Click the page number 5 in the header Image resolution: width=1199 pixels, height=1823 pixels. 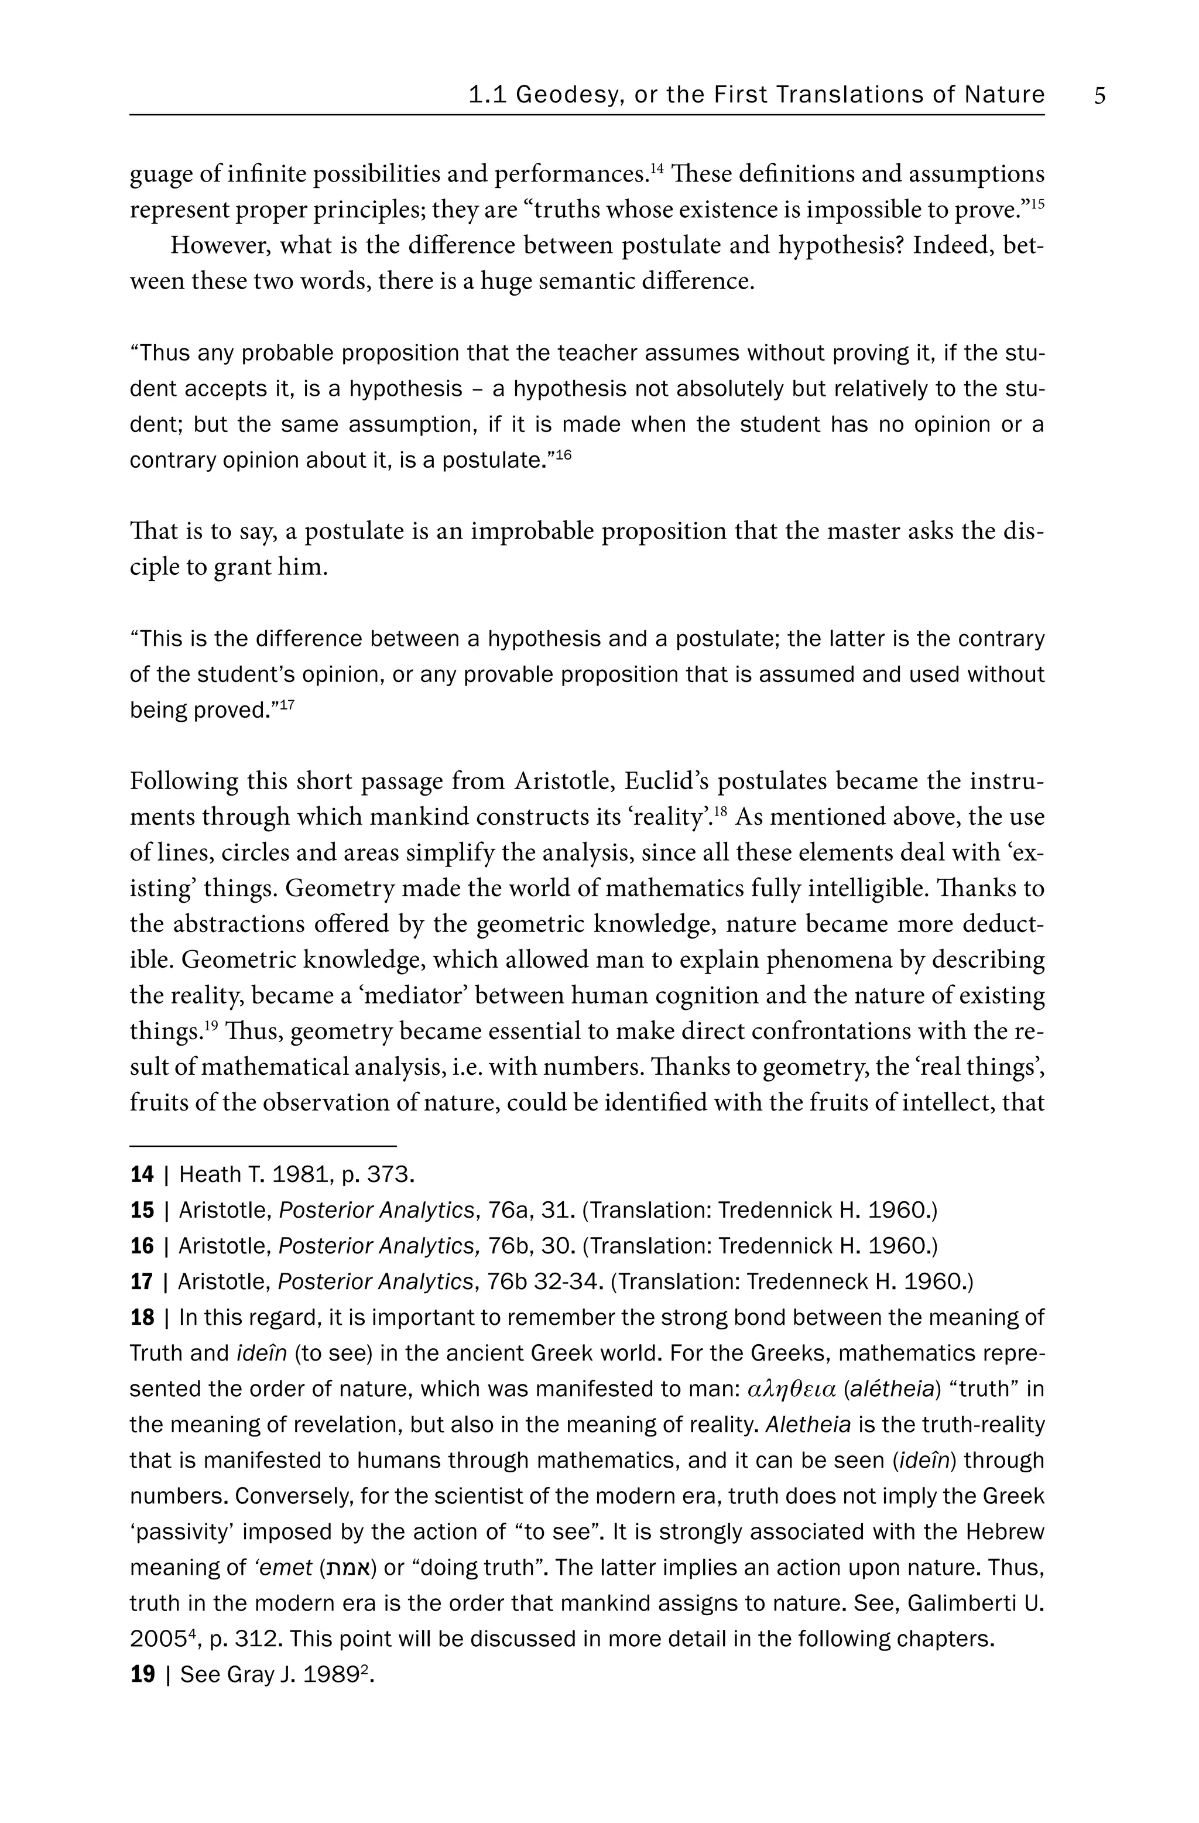[x=1099, y=97]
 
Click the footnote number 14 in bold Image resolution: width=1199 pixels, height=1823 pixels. [x=142, y=1174]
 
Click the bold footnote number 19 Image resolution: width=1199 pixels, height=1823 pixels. [x=142, y=1674]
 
